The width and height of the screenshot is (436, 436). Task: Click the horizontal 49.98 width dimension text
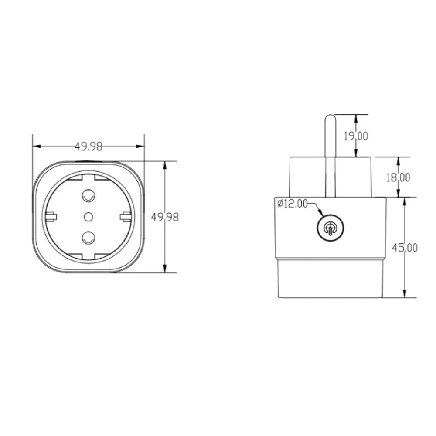click(89, 146)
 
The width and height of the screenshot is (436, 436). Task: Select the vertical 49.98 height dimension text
click(165, 217)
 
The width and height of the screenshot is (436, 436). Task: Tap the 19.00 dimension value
click(355, 136)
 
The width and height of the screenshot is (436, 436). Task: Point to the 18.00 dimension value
click(398, 177)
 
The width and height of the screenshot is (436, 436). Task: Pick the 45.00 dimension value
click(404, 248)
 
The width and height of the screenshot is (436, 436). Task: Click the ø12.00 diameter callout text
click(292, 204)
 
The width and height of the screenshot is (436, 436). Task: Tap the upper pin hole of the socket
click(89, 196)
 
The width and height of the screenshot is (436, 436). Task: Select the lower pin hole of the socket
click(89, 238)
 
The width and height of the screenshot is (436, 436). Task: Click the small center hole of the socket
click(89, 216)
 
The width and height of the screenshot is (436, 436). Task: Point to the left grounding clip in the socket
click(51, 216)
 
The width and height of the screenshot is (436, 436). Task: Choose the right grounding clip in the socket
click(126, 216)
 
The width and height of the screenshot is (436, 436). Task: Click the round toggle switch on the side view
click(330, 228)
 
